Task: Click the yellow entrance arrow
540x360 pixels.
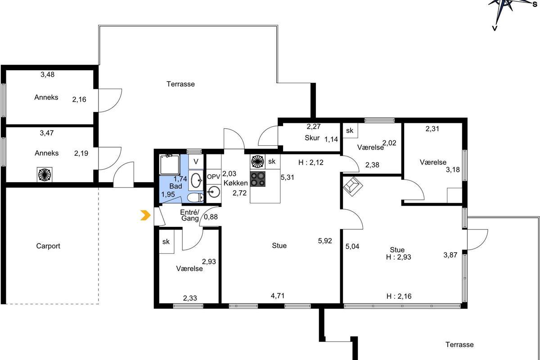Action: click(x=146, y=215)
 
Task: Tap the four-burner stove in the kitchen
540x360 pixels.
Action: click(x=258, y=179)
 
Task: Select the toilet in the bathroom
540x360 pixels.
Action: click(x=195, y=198)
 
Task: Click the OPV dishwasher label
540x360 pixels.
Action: click(x=214, y=177)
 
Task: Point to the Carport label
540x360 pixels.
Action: click(x=48, y=246)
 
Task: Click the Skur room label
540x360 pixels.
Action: click(x=312, y=138)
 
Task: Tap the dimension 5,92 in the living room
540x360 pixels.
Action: click(x=325, y=241)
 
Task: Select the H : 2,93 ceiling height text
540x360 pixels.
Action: click(x=399, y=257)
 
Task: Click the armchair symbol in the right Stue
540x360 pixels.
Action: click(x=353, y=186)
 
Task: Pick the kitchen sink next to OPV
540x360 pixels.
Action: click(x=214, y=193)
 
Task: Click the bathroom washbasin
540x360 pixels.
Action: click(x=197, y=180)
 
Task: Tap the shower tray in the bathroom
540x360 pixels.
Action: click(x=170, y=165)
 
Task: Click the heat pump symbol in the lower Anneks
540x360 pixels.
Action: click(x=45, y=174)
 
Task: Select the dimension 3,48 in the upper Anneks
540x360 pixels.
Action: click(x=48, y=75)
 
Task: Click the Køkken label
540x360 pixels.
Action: click(x=235, y=183)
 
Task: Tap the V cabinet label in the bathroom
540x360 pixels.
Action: click(x=196, y=162)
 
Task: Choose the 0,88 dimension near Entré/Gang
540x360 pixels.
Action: click(x=211, y=217)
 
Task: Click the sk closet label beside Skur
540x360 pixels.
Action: click(x=350, y=130)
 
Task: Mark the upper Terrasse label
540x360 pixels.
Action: click(x=180, y=84)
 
